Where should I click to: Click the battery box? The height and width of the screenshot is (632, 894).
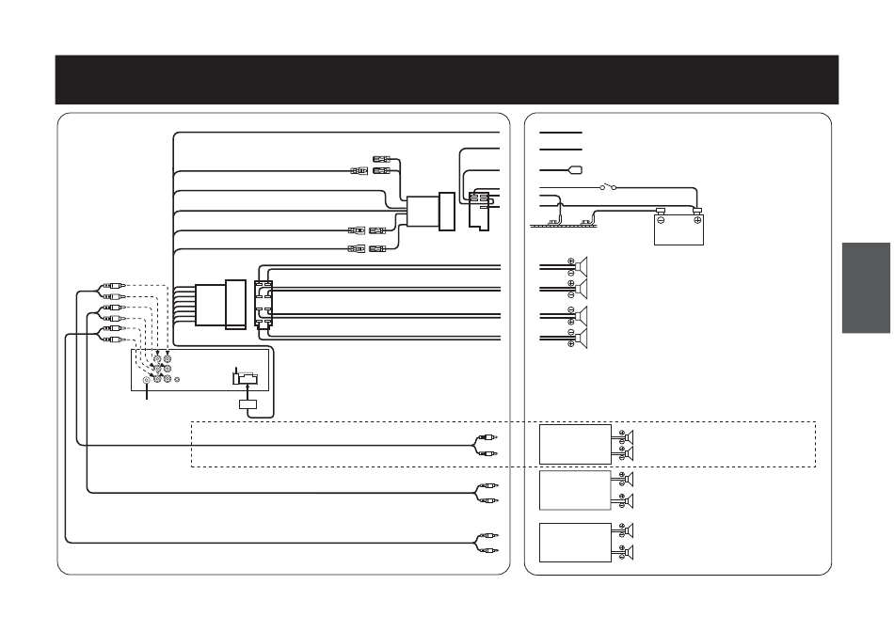coord(678,229)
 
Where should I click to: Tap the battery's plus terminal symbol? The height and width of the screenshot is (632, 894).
coord(697,220)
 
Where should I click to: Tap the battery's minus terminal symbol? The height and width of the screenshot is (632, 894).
coord(661,220)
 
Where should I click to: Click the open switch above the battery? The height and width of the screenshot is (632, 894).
coord(607,187)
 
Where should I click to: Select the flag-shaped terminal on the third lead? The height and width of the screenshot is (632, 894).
coord(573,170)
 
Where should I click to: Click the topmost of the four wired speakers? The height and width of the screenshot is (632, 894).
coord(582,265)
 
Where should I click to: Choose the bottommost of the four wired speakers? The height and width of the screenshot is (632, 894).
coord(582,338)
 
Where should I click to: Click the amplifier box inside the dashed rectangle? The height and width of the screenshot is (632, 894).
coord(575,444)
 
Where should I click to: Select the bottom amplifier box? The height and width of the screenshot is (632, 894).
coord(575,542)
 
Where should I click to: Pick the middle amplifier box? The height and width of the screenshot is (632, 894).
coord(575,492)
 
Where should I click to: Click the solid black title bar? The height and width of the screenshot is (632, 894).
coord(446,79)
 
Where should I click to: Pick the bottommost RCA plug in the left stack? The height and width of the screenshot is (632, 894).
coord(108,340)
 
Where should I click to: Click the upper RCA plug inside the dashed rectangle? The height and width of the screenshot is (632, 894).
coord(486,437)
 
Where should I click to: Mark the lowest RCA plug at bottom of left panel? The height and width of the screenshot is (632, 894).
coord(486,549)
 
